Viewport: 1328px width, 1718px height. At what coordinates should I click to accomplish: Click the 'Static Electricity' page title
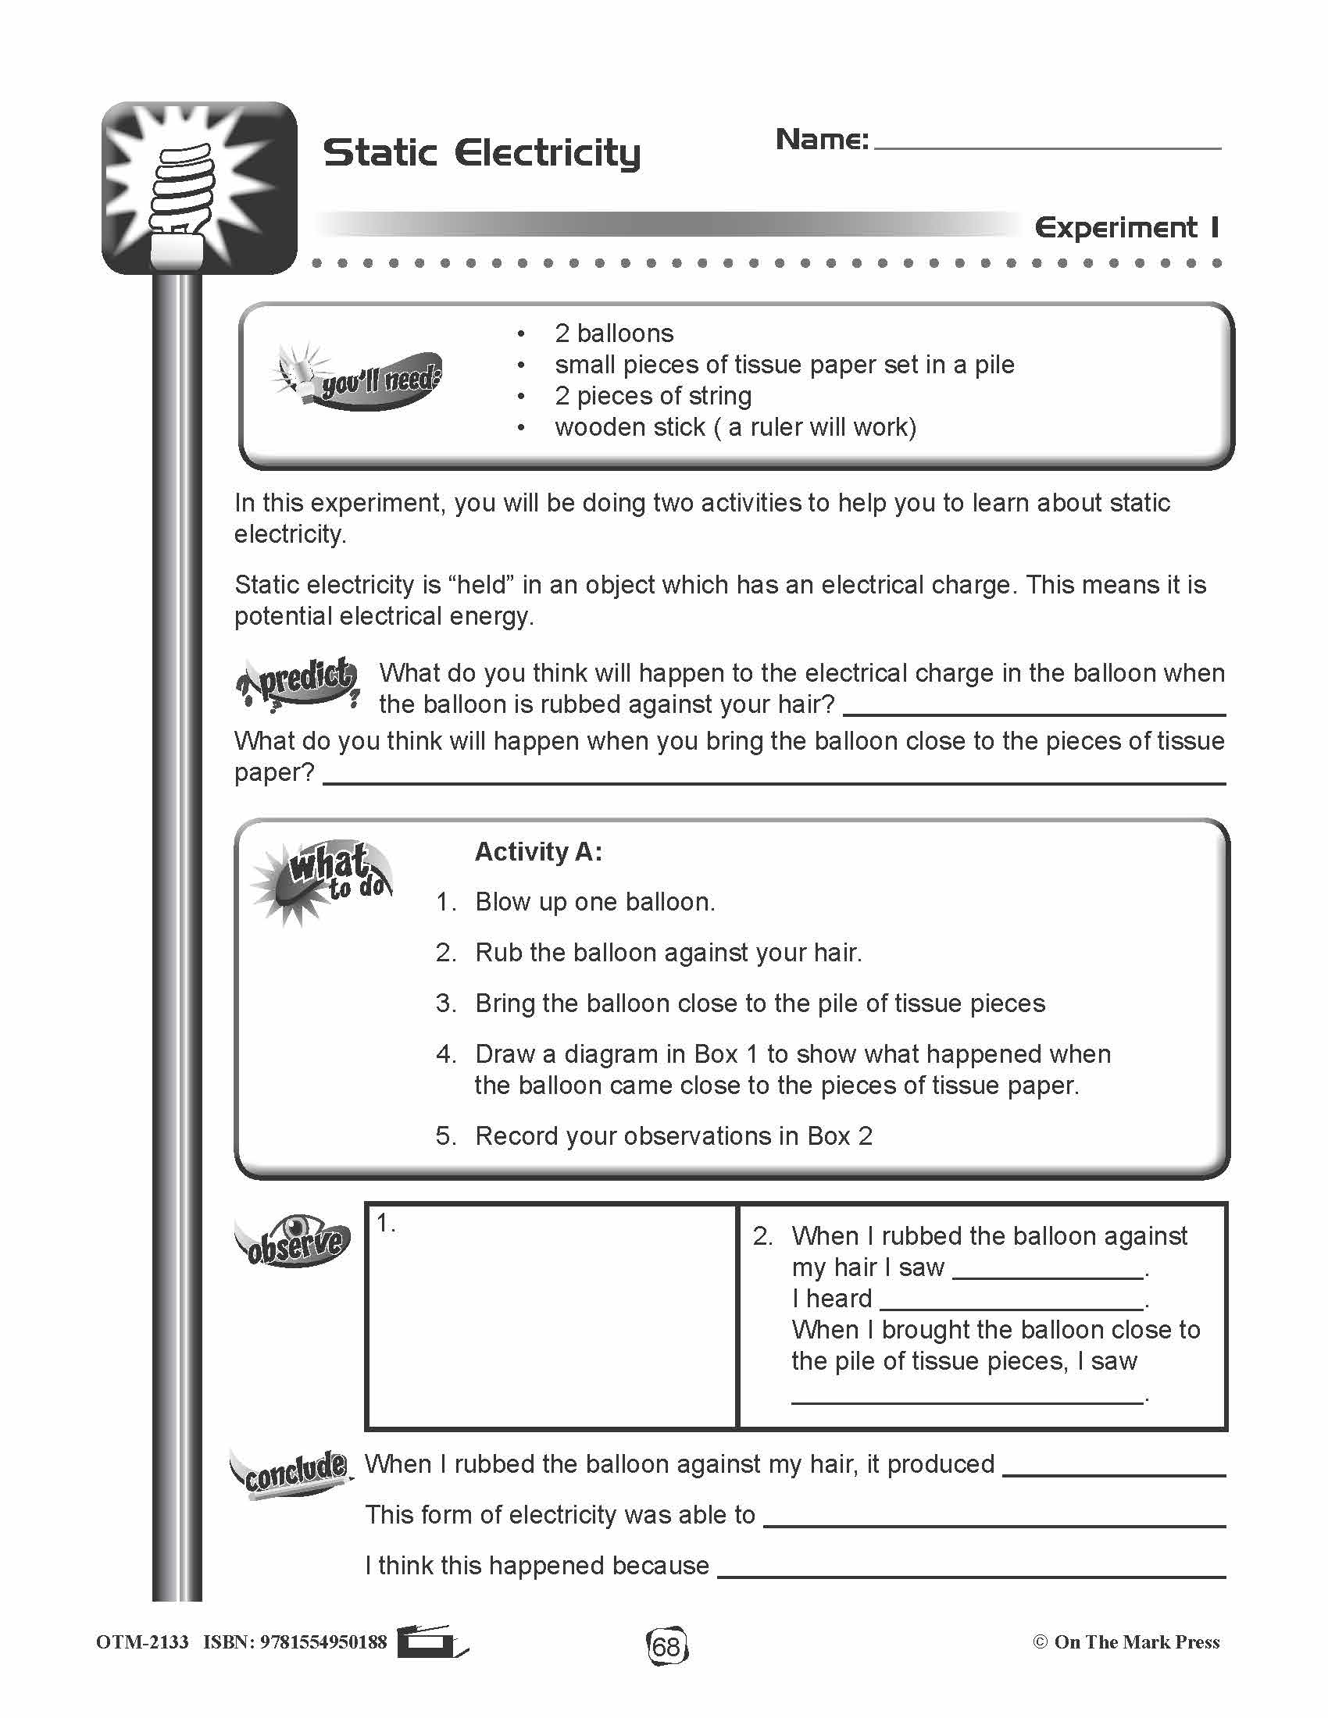click(x=481, y=152)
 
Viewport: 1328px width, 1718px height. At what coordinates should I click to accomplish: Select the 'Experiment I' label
click(x=1126, y=228)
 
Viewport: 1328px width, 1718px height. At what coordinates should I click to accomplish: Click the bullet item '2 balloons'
click(x=614, y=333)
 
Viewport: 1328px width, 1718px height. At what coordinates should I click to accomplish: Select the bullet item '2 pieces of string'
click(x=653, y=396)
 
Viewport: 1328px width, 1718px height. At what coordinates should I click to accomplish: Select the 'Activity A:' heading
click(x=538, y=851)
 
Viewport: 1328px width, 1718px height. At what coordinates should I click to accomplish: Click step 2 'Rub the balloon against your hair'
click(x=668, y=953)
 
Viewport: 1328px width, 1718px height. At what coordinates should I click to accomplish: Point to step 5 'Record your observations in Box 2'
click(x=673, y=1136)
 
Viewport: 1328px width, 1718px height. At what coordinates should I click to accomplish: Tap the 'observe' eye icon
click(x=293, y=1241)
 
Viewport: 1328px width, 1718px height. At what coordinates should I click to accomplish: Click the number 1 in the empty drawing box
click(x=384, y=1223)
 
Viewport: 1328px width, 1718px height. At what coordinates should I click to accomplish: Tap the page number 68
click(x=666, y=1645)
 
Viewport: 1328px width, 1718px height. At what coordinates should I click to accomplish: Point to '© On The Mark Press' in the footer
click(x=1126, y=1641)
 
